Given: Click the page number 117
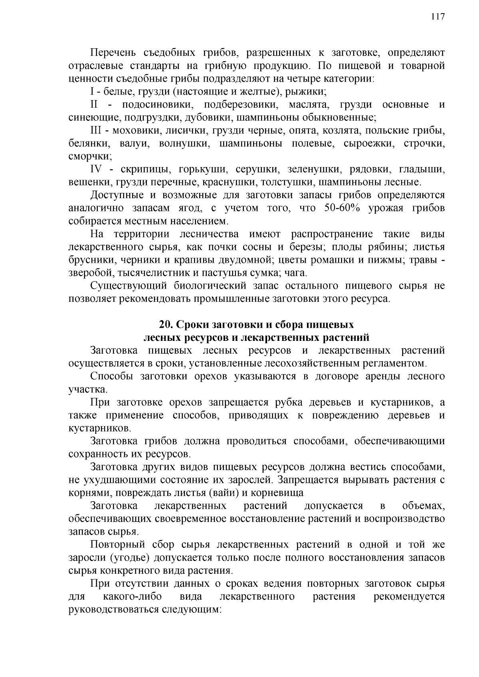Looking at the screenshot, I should point(437,17).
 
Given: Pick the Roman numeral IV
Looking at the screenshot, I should point(97,169).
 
